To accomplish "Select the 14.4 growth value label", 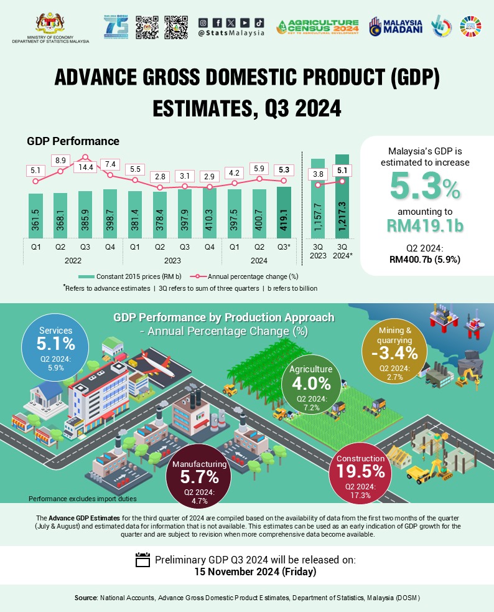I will [86, 167].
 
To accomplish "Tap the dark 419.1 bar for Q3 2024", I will [284, 212].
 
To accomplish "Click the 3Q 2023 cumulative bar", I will [318, 199].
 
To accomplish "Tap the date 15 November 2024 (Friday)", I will [246, 572].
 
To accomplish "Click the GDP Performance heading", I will [73, 141].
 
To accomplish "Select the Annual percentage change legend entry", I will [249, 276].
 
